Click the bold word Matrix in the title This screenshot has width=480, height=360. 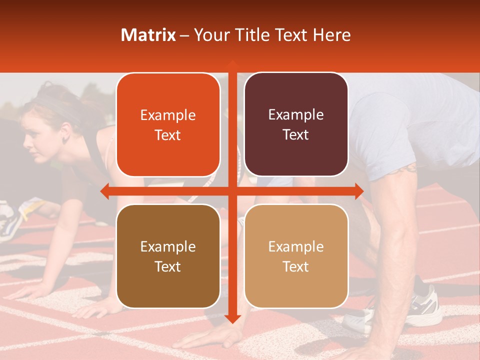148,35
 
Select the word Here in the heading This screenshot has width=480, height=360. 331,35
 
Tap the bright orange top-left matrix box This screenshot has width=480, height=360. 168,124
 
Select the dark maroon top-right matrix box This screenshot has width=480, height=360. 296,124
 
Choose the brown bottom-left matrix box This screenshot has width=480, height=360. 168,256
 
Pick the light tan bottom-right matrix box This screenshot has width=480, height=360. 296,256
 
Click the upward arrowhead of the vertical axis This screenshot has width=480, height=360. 232,64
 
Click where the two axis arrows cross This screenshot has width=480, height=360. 232,191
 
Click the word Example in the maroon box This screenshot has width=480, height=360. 296,114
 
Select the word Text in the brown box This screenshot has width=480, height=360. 168,266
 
